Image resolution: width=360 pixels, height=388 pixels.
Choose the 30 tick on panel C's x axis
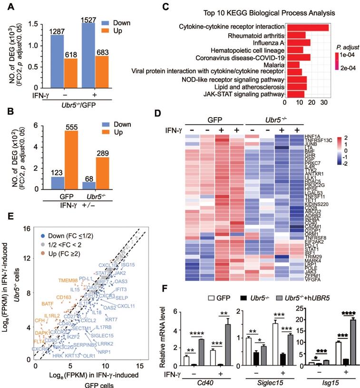click(324, 102)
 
